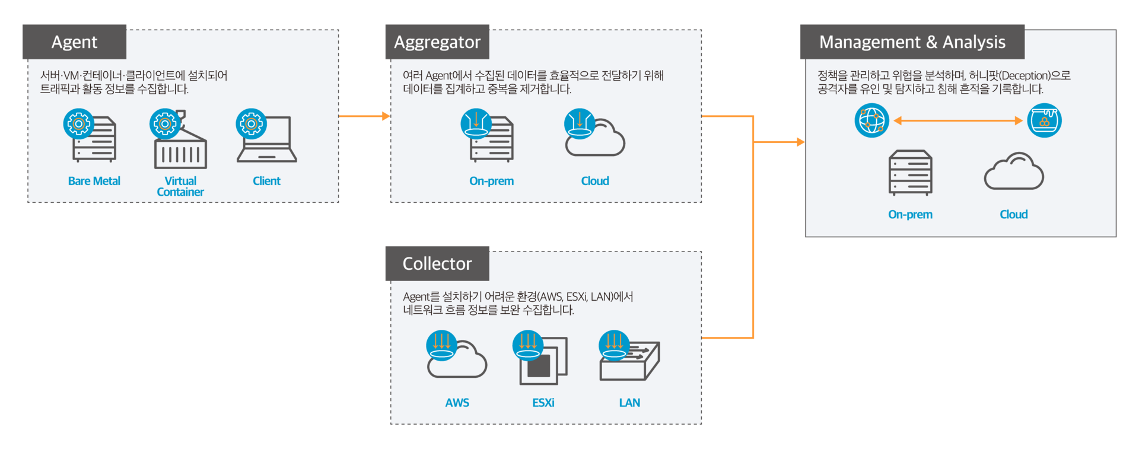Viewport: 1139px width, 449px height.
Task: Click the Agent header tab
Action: click(74, 42)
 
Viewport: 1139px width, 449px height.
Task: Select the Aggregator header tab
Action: click(437, 42)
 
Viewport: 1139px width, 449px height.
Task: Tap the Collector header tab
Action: click(437, 263)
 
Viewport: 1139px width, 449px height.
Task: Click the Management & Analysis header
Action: click(912, 42)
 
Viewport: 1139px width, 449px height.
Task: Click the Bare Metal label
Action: click(94, 181)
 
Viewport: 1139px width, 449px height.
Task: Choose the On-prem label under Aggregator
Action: click(491, 181)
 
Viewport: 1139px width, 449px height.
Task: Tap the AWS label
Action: click(457, 403)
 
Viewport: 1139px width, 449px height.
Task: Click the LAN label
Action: click(629, 403)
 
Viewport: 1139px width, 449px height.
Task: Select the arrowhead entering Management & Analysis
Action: click(800, 142)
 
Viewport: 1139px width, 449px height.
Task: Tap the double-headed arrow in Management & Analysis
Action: click(958, 120)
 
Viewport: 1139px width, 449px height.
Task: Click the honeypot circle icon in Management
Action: click(1044, 120)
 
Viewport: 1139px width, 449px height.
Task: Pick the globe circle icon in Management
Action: click(871, 120)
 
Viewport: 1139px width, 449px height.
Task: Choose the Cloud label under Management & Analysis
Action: click(1013, 214)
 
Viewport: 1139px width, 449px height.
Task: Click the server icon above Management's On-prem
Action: click(910, 173)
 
